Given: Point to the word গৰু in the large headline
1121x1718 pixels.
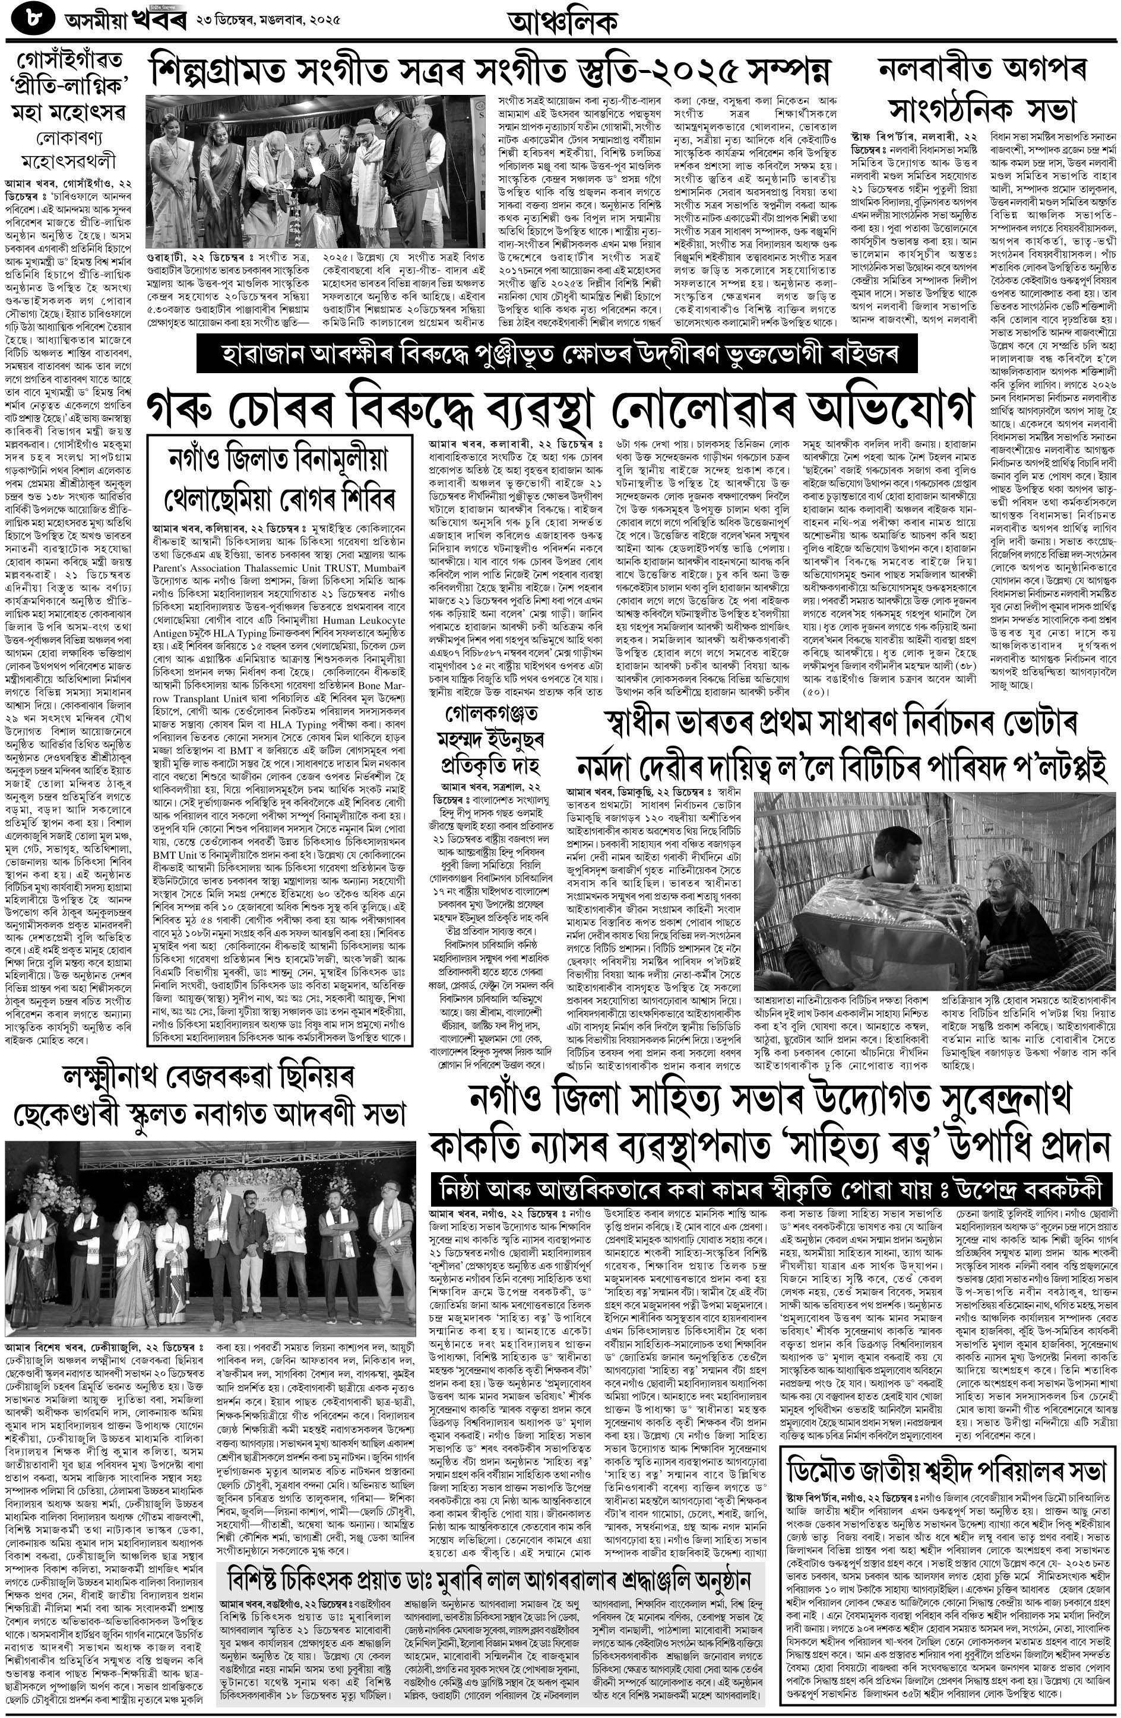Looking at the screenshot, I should click(x=184, y=410).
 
